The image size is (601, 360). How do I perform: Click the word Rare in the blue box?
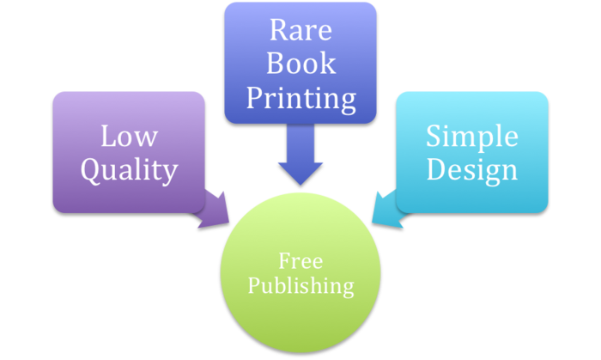300,30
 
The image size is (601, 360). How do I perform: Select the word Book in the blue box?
300,64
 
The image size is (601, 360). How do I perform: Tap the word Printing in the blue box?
300,98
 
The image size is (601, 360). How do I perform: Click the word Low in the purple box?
129,136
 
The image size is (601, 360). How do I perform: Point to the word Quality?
129,169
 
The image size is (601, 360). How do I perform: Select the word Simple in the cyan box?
472,136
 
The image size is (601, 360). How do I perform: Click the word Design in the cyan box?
472,169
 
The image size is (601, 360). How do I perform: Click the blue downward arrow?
300,155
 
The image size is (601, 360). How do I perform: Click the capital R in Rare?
277,30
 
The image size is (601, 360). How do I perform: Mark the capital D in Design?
434,169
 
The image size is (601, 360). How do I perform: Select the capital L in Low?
107,136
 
